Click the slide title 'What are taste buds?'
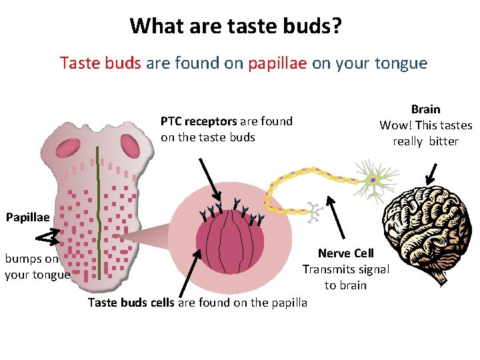236,26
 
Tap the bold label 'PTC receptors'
199,121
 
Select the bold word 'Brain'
425,109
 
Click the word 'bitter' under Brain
443,141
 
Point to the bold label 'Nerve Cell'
345,253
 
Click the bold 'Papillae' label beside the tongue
27,217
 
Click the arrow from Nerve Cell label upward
337,217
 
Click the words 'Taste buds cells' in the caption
131,303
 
